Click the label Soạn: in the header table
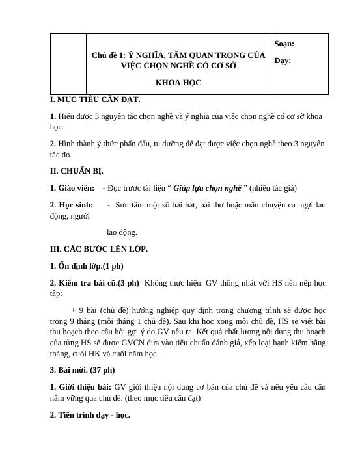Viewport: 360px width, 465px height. tap(284, 44)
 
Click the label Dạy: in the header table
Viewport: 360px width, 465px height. tap(283, 60)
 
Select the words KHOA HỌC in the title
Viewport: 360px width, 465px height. tap(178, 83)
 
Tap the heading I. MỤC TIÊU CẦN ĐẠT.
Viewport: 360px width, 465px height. tap(95, 100)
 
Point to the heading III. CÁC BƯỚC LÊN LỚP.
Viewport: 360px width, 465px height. tap(99, 248)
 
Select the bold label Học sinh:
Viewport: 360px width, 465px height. tap(74, 205)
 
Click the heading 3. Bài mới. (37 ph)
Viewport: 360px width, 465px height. tap(83, 369)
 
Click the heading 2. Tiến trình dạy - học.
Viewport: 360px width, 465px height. tap(90, 414)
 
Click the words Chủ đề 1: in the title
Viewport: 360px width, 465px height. tap(108, 55)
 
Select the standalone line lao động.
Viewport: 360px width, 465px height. tap(122, 232)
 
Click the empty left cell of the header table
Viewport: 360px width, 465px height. tap(68, 64)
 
